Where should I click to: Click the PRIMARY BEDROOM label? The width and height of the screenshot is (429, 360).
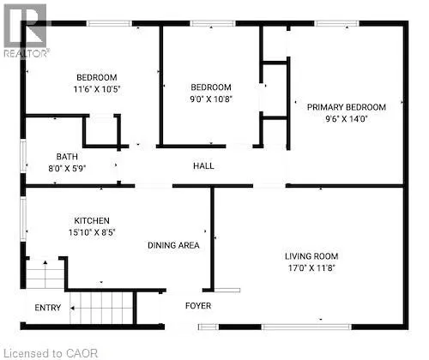(347, 107)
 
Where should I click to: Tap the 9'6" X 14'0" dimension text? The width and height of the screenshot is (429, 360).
(346, 118)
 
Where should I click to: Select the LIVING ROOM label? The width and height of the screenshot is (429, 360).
(311, 256)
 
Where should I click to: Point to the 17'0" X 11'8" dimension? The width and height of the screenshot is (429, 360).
(311, 268)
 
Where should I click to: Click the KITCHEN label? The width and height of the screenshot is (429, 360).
(92, 220)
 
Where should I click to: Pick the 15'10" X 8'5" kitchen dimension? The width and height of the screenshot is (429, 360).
(92, 232)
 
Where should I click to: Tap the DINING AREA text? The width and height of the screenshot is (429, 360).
(173, 245)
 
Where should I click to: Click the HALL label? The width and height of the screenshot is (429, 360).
(203, 166)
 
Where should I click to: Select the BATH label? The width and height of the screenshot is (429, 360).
(67, 157)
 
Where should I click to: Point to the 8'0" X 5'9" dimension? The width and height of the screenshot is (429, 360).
(67, 168)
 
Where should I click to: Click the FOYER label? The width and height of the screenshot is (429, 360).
(198, 306)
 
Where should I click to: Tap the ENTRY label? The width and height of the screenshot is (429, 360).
(48, 308)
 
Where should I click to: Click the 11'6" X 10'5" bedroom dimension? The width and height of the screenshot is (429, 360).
(97, 89)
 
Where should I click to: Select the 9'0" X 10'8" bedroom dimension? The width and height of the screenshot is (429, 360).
(211, 99)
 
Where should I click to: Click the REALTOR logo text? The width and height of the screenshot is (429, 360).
(27, 53)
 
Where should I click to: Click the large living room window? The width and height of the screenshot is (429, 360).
(306, 327)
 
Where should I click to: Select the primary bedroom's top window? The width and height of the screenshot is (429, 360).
(336, 23)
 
